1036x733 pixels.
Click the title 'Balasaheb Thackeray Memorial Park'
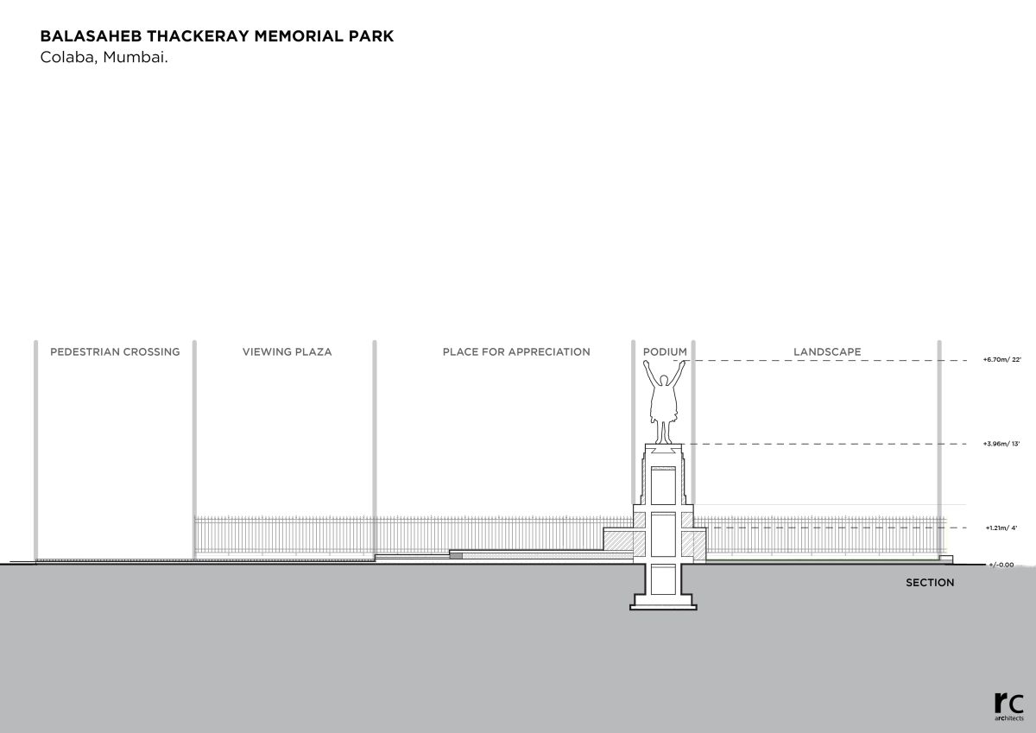(x=217, y=37)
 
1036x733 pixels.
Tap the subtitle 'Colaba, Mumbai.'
(x=104, y=59)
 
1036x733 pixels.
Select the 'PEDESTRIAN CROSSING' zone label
(x=115, y=352)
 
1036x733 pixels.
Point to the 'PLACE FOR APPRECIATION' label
(x=516, y=352)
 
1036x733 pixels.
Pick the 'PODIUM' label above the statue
(x=665, y=352)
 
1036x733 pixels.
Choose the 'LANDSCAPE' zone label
(x=827, y=352)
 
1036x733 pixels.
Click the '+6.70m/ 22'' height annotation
(x=1001, y=359)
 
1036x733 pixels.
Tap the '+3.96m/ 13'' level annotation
(x=1001, y=444)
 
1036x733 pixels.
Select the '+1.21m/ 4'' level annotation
(x=1001, y=528)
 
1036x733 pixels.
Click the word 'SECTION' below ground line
(x=930, y=583)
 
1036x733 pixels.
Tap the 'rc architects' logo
(x=1008, y=705)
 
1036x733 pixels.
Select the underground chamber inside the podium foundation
(x=664, y=578)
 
